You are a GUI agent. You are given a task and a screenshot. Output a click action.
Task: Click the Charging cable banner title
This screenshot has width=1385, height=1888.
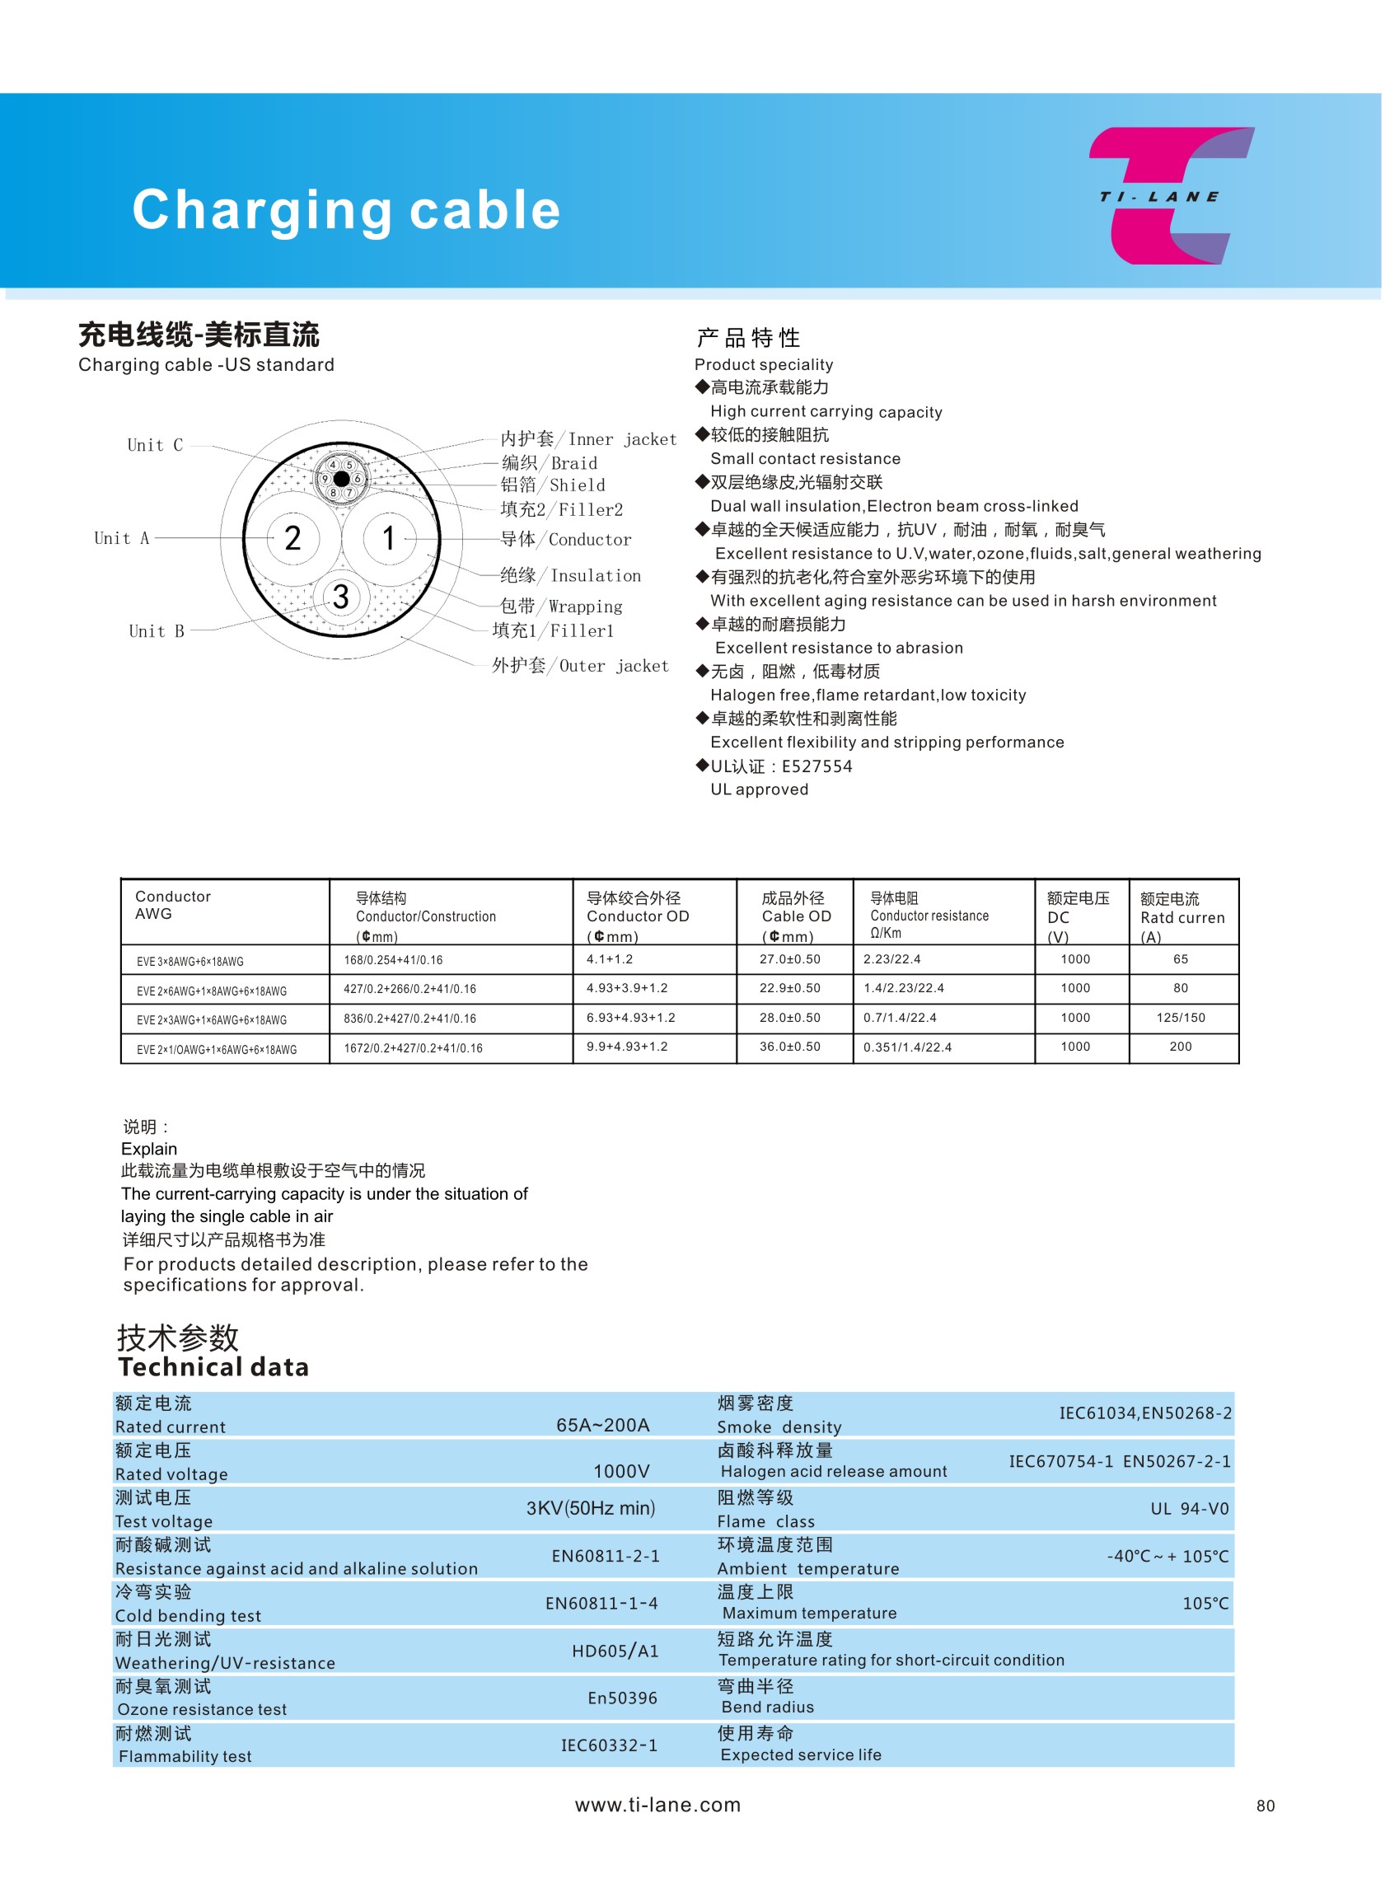click(x=346, y=209)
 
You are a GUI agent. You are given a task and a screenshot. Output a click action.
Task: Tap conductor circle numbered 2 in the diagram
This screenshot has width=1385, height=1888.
click(x=292, y=538)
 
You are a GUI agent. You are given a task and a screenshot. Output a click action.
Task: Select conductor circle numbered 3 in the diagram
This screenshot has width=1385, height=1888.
click(x=340, y=597)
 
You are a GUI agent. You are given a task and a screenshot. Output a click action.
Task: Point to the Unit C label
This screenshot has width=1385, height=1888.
click(x=155, y=445)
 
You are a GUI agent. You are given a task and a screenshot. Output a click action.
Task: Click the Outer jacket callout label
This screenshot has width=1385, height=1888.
click(x=580, y=666)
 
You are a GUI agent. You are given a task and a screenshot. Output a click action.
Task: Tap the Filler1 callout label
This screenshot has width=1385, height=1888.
click(x=554, y=630)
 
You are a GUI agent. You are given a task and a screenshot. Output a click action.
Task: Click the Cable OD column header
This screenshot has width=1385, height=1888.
click(x=795, y=916)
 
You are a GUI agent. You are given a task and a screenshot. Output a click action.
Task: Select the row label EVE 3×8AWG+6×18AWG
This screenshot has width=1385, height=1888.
click(x=190, y=962)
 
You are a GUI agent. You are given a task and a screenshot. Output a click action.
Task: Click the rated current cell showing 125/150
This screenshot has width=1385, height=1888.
click(x=1181, y=1018)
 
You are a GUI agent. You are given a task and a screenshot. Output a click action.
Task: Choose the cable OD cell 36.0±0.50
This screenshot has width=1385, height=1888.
click(x=790, y=1047)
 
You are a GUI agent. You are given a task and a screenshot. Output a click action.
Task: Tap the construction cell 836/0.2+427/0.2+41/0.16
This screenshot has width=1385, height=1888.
click(x=410, y=1019)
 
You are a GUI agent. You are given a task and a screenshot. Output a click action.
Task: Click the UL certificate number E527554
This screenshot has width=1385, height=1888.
click(x=816, y=766)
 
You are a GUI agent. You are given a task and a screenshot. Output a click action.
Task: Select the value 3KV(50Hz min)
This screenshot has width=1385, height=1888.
click(x=590, y=1508)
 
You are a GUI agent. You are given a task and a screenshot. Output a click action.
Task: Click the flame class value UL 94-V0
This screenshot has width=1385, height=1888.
click(x=1189, y=1509)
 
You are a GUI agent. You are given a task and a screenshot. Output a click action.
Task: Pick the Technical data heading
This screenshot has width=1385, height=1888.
click(x=213, y=1367)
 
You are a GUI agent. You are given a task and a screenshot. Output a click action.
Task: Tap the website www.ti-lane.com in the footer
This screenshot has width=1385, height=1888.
click(x=658, y=1805)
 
